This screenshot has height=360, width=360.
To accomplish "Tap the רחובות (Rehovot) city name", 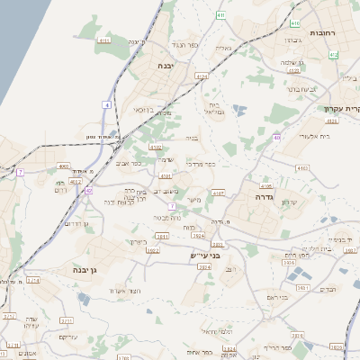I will [322, 32].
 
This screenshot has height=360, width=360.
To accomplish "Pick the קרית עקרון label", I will [342, 108].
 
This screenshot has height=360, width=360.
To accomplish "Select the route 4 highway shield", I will [106, 106].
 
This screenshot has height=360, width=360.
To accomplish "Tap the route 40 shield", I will [277, 137].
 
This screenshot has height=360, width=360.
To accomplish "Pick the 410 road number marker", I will [295, 22].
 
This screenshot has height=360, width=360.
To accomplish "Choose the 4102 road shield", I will [156, 147].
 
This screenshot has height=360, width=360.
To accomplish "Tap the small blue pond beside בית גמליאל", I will [238, 111].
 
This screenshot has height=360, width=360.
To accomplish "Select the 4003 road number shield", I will [64, 166].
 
